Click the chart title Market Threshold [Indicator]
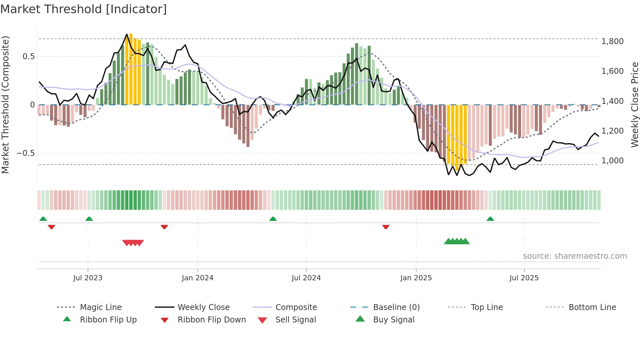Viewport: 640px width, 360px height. (x=84, y=9)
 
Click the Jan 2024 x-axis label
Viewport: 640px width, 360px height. (x=198, y=278)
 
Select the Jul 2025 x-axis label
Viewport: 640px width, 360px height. (x=524, y=278)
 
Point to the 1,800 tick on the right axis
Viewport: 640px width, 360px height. (x=613, y=41)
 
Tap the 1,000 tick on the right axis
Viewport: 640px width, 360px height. (x=613, y=161)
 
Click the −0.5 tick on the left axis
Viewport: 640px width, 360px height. (x=26, y=153)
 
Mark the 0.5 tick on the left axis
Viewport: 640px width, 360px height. (x=29, y=57)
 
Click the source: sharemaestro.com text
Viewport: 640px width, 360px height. (x=575, y=256)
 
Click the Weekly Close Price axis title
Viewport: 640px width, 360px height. (x=634, y=105)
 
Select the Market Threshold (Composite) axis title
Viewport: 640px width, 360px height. (x=5, y=105)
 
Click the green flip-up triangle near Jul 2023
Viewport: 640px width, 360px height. (x=89, y=219)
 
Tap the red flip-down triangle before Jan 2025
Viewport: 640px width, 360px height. (x=386, y=227)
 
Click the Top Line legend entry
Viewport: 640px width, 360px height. (x=487, y=307)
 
